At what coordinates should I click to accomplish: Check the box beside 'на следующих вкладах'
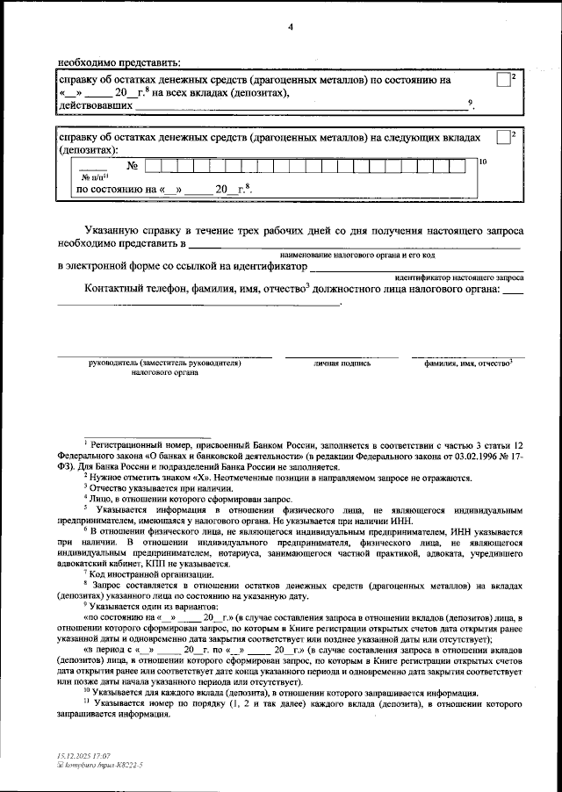pyautogui.click(x=501, y=137)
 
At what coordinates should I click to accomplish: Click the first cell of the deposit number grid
pyautogui.click(x=152, y=165)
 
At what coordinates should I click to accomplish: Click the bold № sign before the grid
pyautogui.click(x=134, y=166)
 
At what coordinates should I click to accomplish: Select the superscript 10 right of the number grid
pyautogui.click(x=482, y=162)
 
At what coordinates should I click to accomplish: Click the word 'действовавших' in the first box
pyautogui.click(x=95, y=105)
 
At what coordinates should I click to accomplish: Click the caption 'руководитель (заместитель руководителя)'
pyautogui.click(x=164, y=362)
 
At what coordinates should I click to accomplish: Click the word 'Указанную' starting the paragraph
pyautogui.click(x=113, y=228)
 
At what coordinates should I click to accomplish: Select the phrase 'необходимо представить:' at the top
pyautogui.click(x=119, y=61)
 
